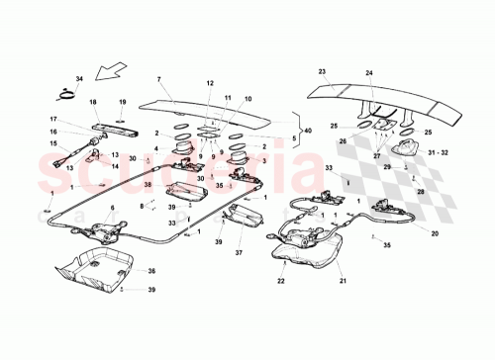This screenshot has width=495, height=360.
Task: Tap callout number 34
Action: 79,78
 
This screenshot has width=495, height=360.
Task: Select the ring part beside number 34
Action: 66,96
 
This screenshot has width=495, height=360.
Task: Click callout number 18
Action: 92,102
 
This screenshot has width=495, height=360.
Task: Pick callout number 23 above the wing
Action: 322,71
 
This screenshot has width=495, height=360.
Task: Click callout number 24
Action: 368,73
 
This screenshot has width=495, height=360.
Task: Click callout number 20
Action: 435,233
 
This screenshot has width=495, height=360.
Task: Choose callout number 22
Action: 280,282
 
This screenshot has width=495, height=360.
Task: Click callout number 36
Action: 151,270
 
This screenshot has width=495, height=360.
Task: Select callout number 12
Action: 209,83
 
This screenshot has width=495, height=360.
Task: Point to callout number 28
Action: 420,192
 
